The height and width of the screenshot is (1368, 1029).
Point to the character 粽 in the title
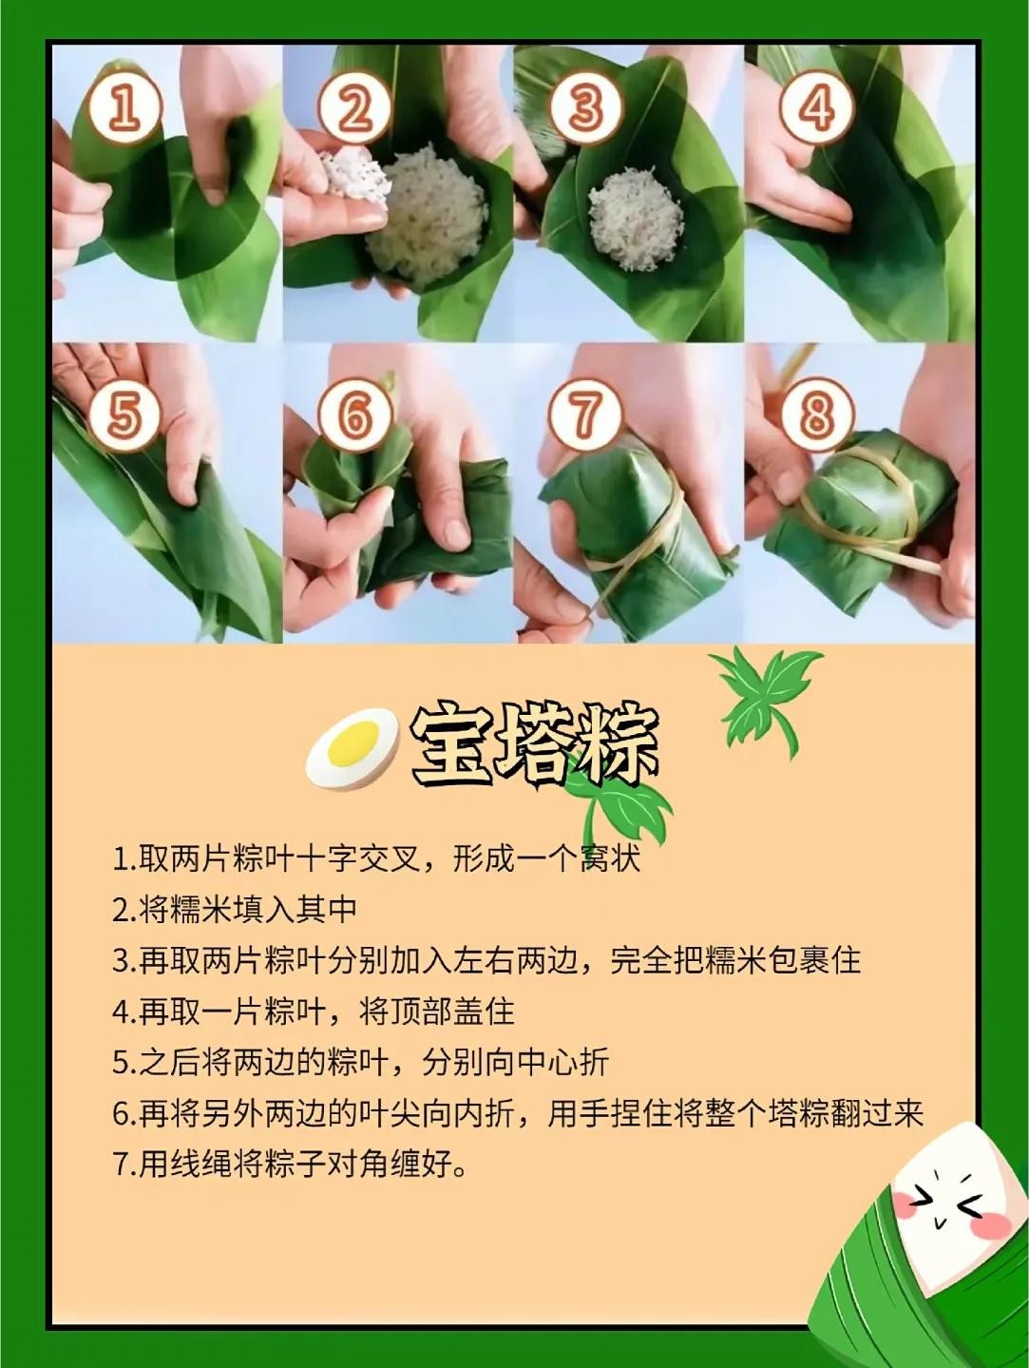[616, 745]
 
